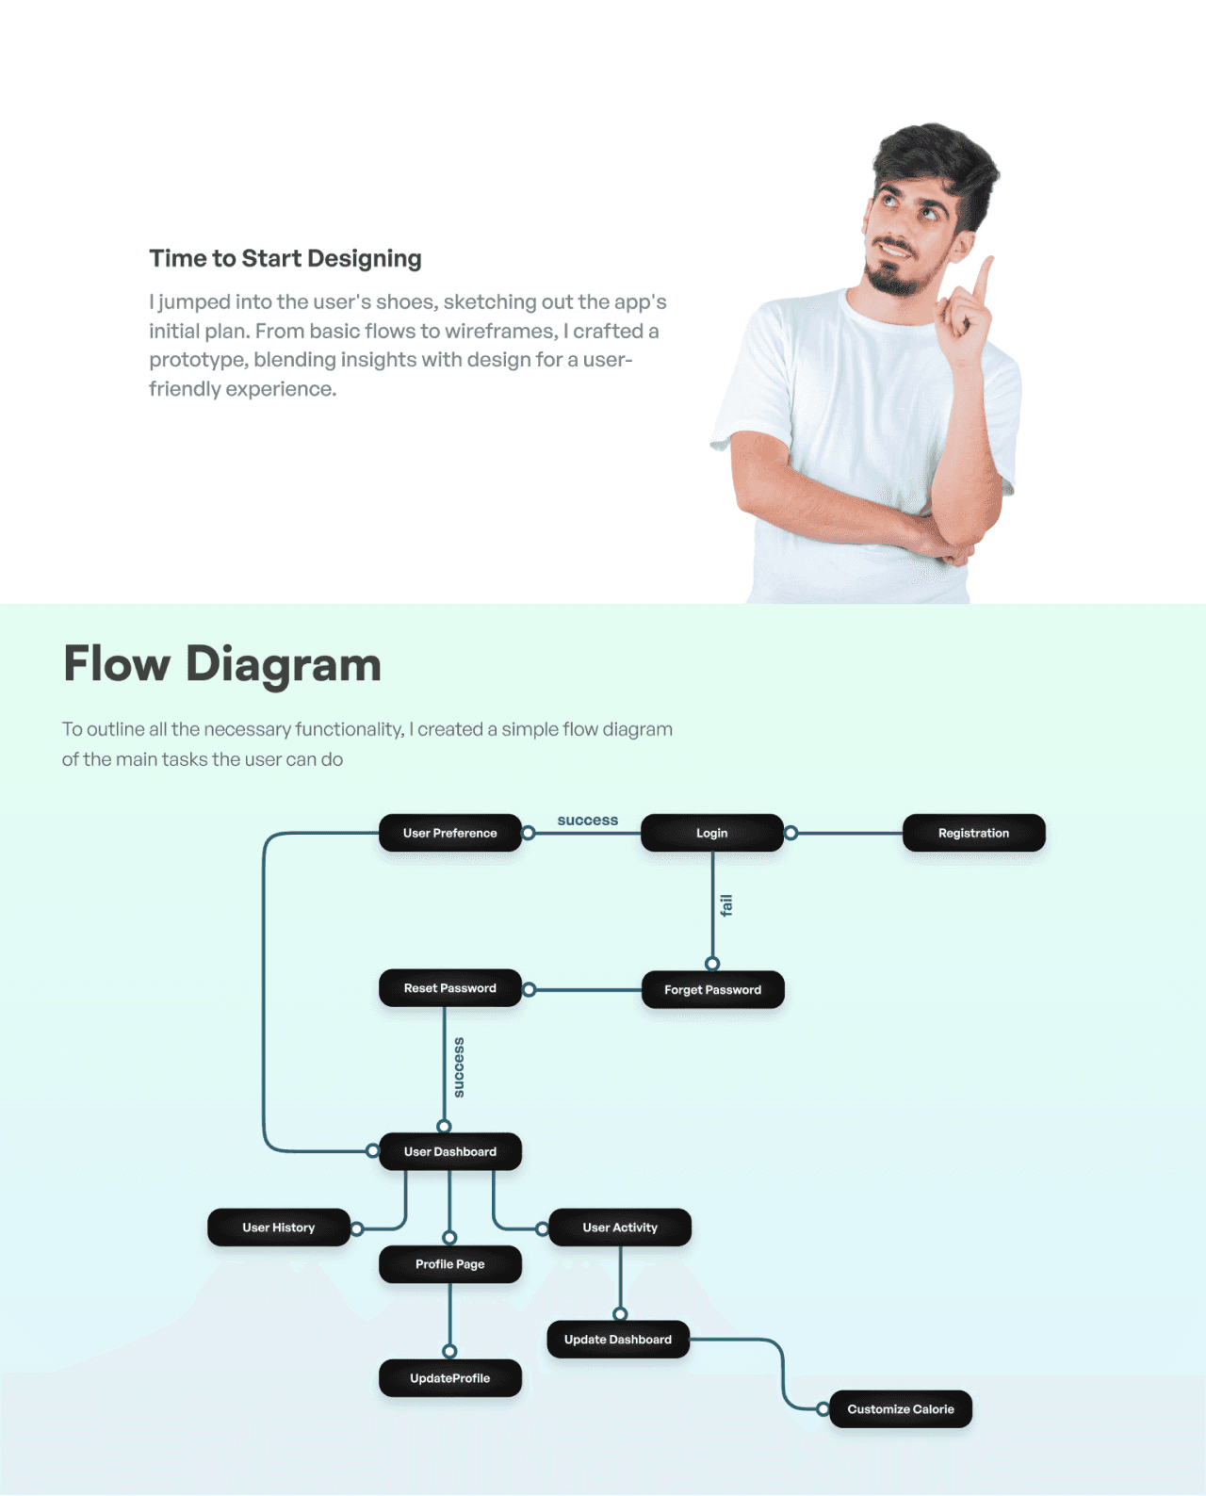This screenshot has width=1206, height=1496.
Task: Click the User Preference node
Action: pos(449,833)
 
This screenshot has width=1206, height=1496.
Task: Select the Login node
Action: pos(711,833)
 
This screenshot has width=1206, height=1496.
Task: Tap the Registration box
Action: pos(973,833)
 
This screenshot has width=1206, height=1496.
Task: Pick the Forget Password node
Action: pos(712,989)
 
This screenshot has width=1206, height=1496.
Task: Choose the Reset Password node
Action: pos(449,988)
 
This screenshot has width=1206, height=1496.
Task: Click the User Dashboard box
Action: pos(449,1151)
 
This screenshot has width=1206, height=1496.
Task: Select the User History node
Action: pos(278,1228)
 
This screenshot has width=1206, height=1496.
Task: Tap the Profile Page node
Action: pos(449,1264)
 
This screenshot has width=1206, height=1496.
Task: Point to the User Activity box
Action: pos(619,1228)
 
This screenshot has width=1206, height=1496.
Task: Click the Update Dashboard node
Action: pos(617,1340)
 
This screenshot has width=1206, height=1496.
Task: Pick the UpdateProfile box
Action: pos(449,1378)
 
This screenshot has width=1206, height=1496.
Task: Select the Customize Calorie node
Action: pos(900,1409)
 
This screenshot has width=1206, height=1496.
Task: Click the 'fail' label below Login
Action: pos(725,905)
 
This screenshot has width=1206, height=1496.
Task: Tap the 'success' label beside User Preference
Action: pos(587,821)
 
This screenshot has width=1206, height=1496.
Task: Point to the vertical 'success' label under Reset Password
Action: pos(459,1067)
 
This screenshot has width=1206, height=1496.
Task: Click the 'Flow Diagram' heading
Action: pos(222,664)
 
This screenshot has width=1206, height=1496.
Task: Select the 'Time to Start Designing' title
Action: pos(285,258)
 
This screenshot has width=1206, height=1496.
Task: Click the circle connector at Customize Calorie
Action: pos(823,1409)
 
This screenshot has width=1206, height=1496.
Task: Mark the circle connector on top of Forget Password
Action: pos(712,964)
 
